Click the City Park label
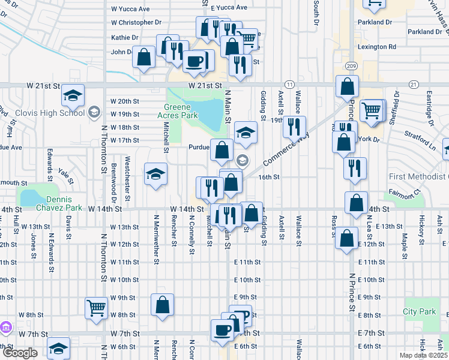tap(419, 311)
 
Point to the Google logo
tap(20, 353)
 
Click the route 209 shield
tap(351, 65)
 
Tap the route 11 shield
tap(290, 85)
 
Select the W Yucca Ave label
tap(130, 9)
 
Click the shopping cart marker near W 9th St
tap(96, 308)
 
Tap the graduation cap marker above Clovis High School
tap(73, 95)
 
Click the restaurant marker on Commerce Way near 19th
tap(294, 127)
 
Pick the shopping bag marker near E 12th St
tap(348, 238)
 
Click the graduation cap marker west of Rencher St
tap(155, 175)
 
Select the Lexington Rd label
tap(376, 46)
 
